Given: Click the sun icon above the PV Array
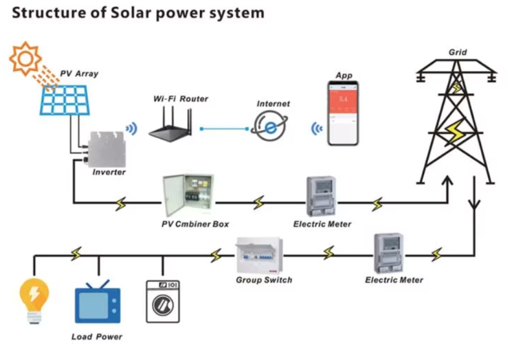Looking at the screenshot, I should [x=25, y=58].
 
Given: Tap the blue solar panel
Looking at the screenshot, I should [x=65, y=100].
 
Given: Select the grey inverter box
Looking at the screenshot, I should [x=105, y=150].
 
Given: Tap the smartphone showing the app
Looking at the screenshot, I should [x=343, y=113].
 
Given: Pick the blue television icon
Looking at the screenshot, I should [x=98, y=303].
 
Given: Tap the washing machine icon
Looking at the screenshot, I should [x=163, y=301].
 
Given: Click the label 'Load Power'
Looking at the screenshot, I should [x=97, y=337].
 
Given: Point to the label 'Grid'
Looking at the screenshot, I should [x=457, y=53].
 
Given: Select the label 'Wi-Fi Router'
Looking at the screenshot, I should [x=181, y=99].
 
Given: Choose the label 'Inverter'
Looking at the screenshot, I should [x=109, y=173].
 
